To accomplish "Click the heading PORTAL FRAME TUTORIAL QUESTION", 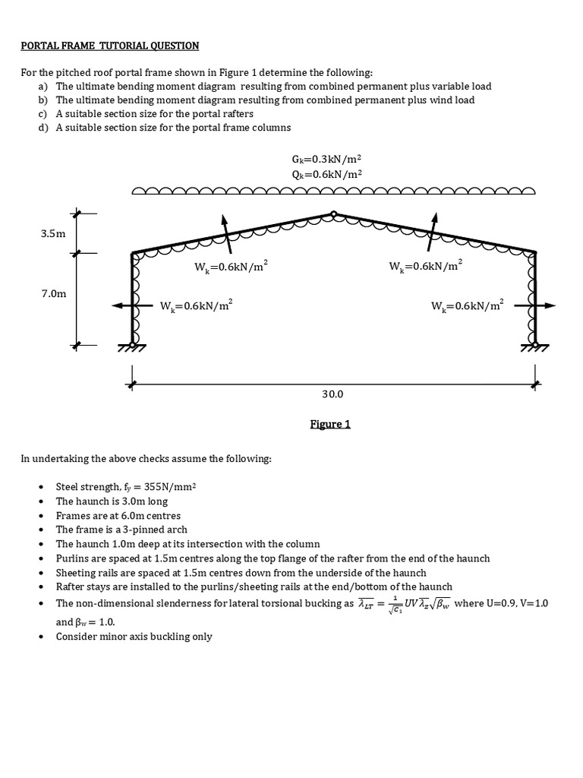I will pos(109,46).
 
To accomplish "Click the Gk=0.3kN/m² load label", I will pos(326,159).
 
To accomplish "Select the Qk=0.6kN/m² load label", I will pos(326,173).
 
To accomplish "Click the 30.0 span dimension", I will pos(332,394).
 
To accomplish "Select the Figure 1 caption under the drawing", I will pos(330,424).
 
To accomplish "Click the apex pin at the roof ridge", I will pos(333,214).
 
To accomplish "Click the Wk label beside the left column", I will pos(196,306).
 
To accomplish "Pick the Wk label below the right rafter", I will pos(425,266).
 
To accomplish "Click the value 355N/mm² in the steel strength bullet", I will pos(165,486).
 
